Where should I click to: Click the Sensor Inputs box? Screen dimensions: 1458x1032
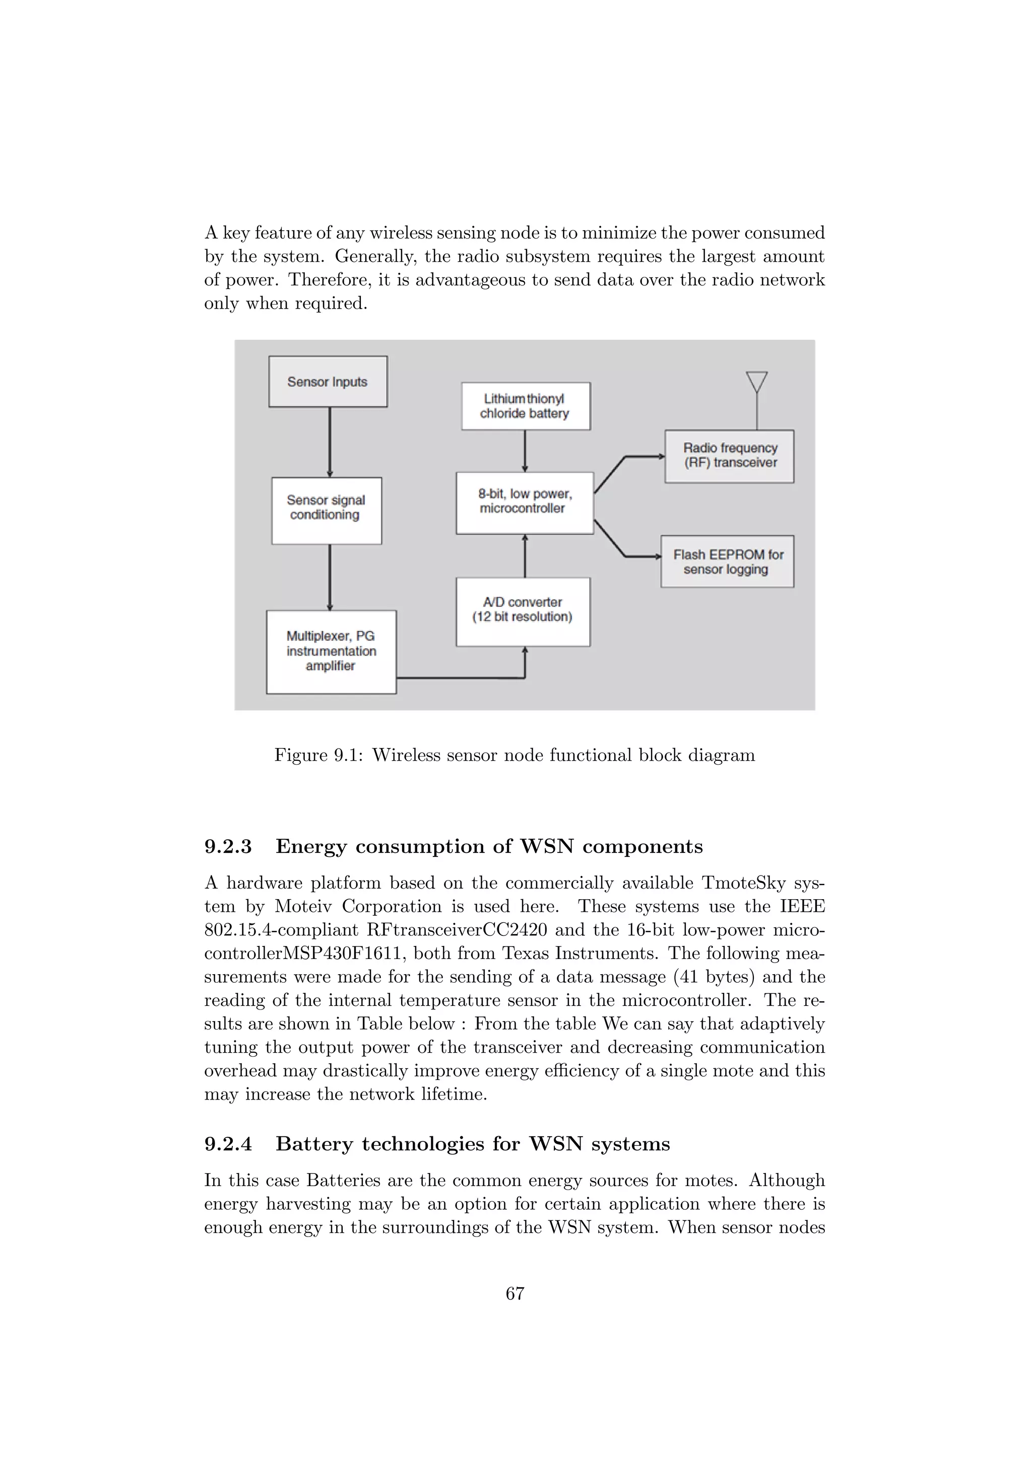coord(328,382)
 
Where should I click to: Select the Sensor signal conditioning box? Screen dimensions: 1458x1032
coord(327,511)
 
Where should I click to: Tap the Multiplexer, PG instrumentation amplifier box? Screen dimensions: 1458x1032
coord(331,652)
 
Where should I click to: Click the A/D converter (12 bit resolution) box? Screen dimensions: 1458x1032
coord(523,612)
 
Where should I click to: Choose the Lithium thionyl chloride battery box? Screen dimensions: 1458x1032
coord(526,406)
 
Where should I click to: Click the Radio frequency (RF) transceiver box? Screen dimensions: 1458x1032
coord(730,457)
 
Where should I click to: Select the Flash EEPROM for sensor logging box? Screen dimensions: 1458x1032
coord(728,561)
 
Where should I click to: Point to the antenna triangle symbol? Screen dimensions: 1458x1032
coord(757,382)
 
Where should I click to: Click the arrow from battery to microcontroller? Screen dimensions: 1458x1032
coord(525,451)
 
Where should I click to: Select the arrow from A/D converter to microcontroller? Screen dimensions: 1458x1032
coord(525,556)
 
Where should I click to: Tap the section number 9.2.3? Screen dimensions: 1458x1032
coord(228,846)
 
